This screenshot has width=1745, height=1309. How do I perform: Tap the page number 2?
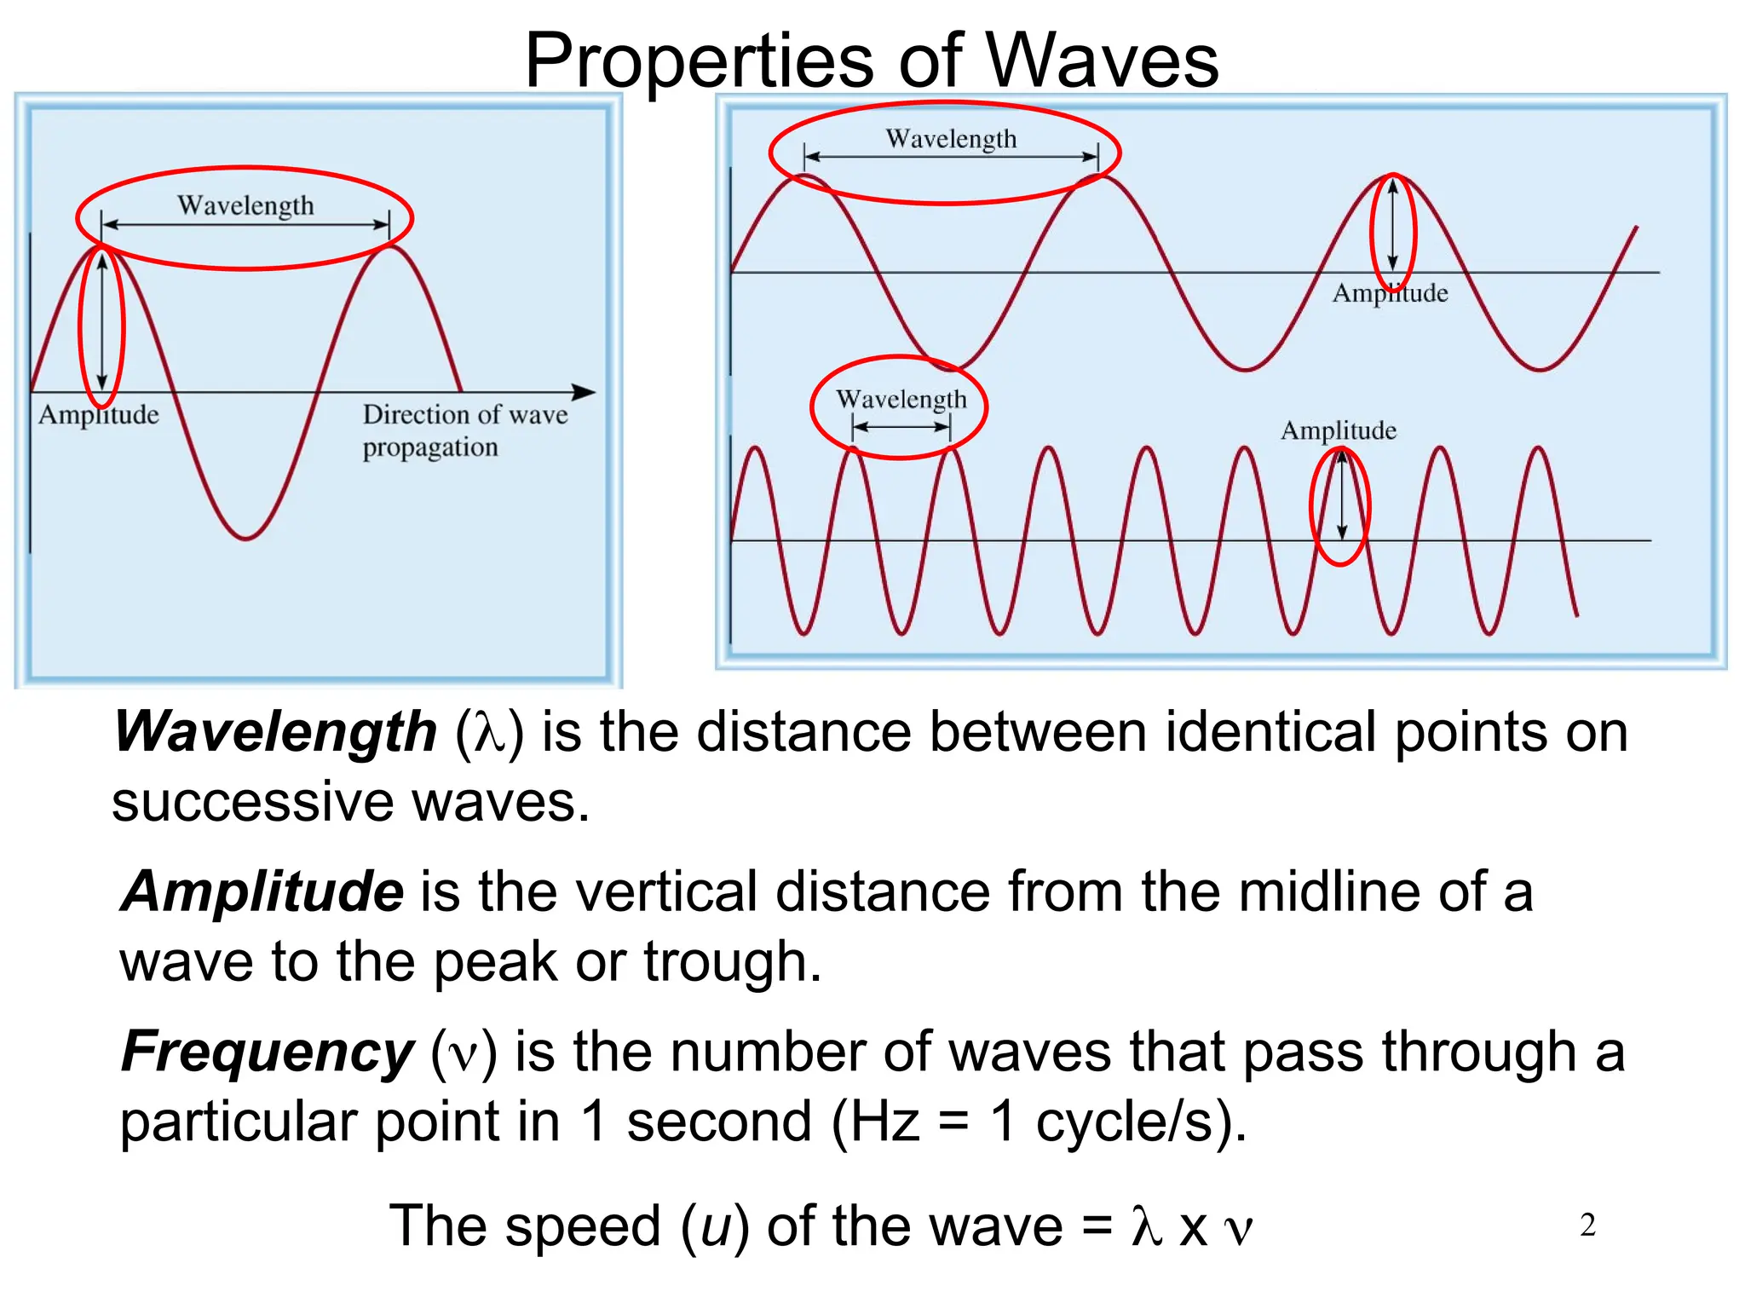click(x=1587, y=1225)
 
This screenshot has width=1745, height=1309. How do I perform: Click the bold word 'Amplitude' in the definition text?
click(x=262, y=891)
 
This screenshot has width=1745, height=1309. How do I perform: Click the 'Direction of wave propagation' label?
click(x=464, y=430)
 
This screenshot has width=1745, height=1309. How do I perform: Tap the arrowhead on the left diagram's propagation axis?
click(x=585, y=392)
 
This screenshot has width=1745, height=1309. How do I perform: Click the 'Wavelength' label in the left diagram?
click(x=245, y=205)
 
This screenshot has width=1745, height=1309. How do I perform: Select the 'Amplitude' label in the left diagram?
click(x=99, y=415)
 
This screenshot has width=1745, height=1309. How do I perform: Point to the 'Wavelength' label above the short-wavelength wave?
click(x=901, y=399)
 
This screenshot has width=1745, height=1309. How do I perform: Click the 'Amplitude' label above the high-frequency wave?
click(x=1339, y=430)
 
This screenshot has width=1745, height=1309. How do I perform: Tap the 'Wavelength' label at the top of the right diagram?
click(x=951, y=138)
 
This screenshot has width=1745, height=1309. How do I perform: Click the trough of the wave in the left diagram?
click(x=246, y=538)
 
